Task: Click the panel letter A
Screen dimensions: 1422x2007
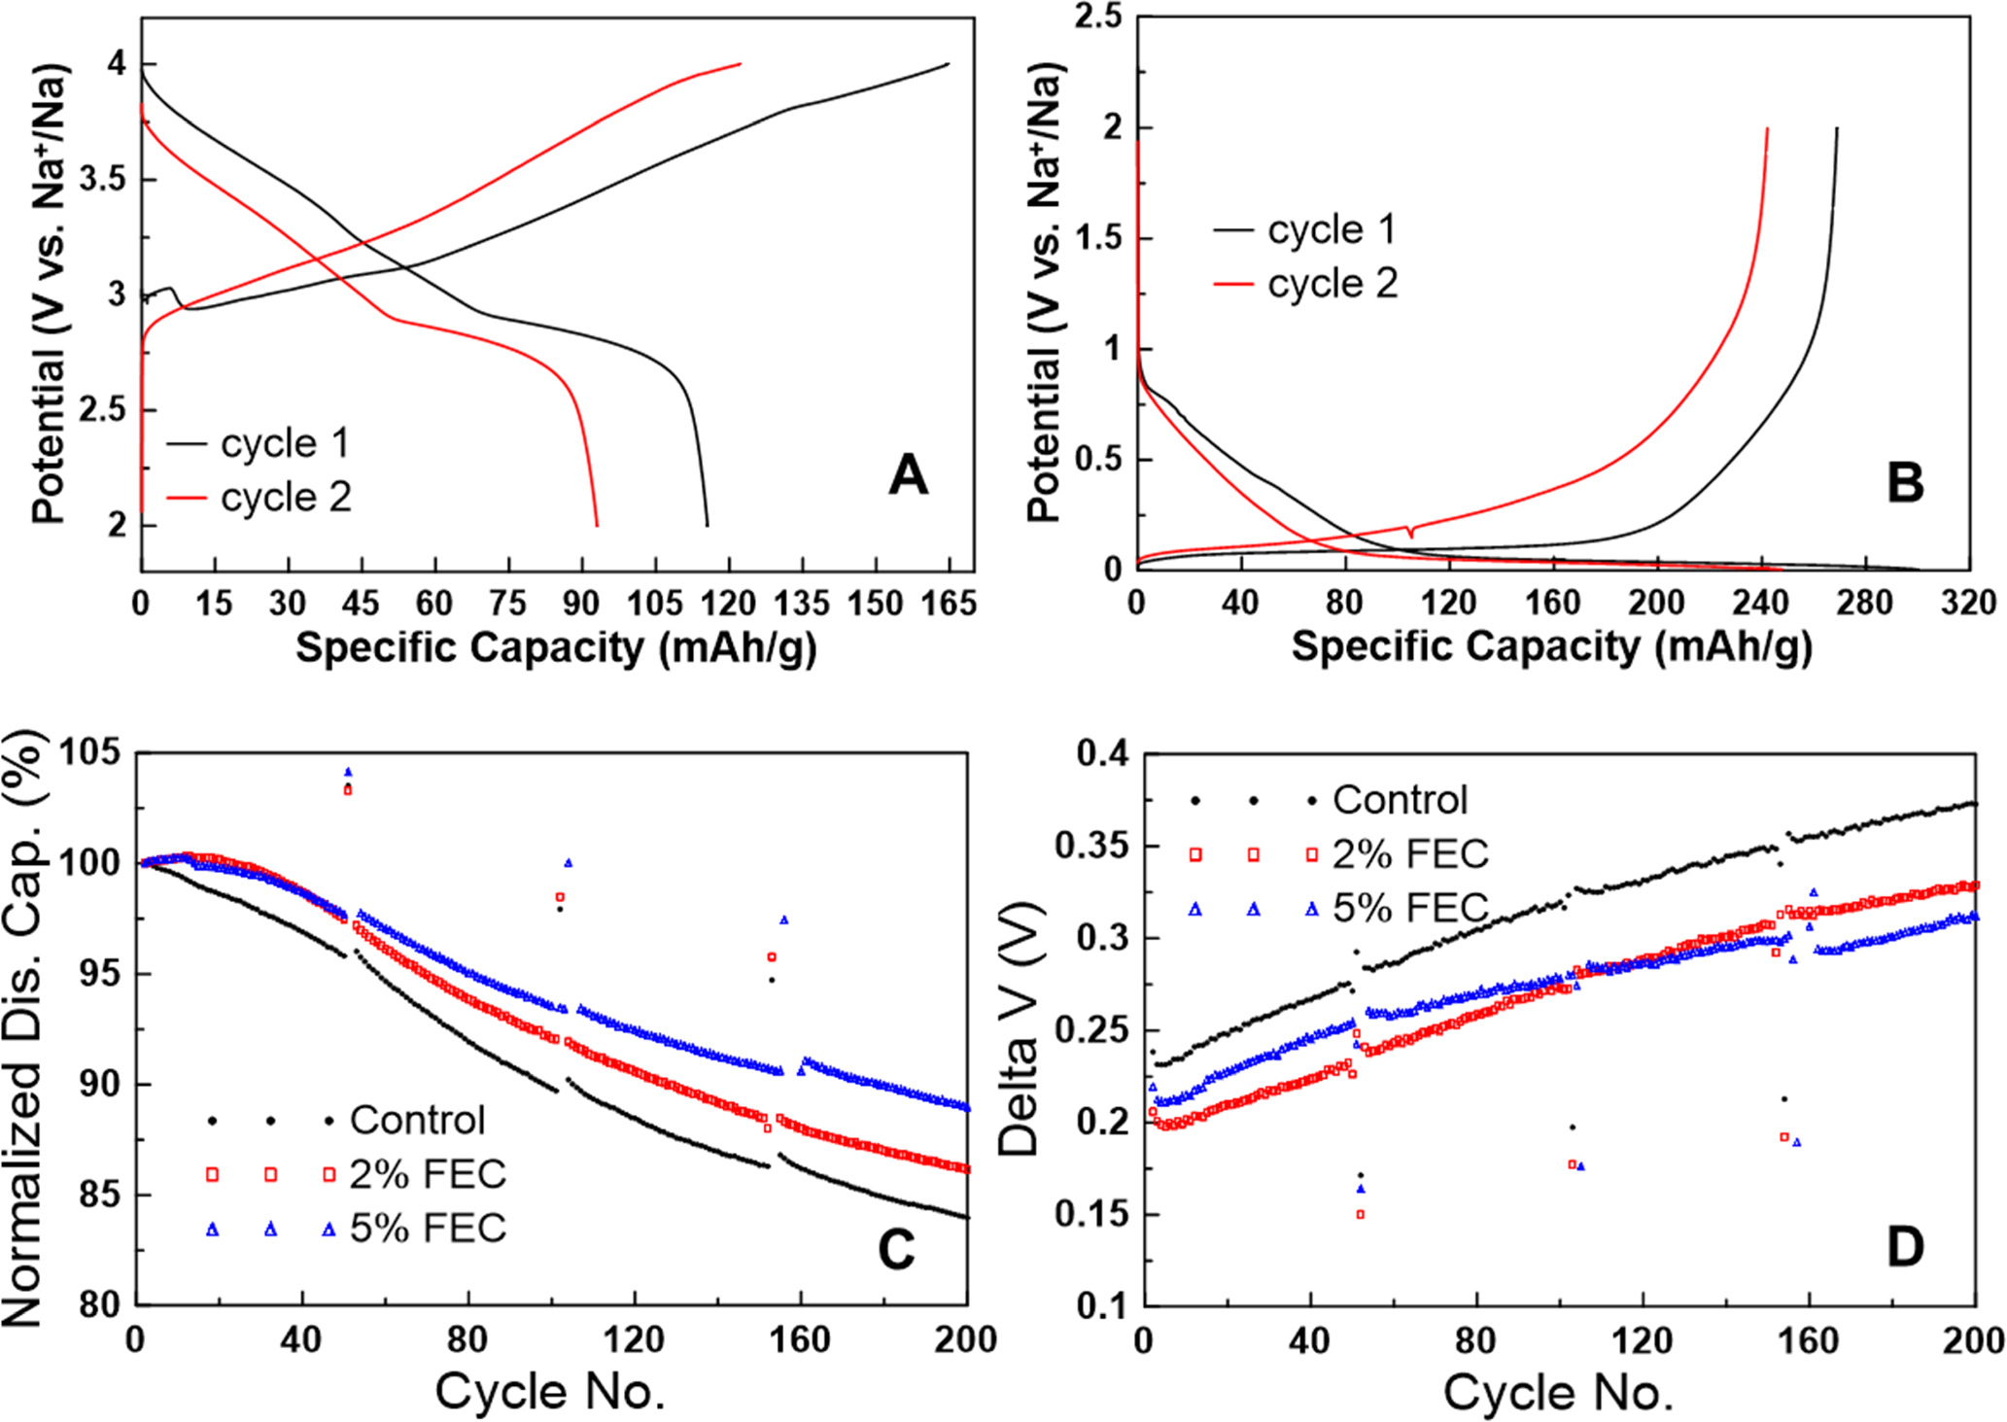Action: click(x=908, y=476)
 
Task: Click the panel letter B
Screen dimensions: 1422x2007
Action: click(x=1905, y=483)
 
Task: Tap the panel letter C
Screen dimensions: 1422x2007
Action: click(x=895, y=1250)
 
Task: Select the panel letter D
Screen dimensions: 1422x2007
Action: click(x=1905, y=1247)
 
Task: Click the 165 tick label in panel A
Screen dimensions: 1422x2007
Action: click(x=948, y=604)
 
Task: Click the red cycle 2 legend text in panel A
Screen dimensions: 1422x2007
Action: click(x=285, y=498)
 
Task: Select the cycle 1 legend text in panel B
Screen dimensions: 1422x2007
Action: click(x=1332, y=230)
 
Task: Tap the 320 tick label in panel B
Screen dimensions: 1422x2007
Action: click(x=1968, y=603)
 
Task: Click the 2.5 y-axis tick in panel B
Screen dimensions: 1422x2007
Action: click(x=1099, y=17)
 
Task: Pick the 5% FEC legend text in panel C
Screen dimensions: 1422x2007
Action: click(x=428, y=1229)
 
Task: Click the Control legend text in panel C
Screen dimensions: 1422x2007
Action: click(x=417, y=1121)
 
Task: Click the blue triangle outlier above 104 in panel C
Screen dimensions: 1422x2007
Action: click(x=348, y=773)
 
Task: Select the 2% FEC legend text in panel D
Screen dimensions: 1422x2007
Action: click(x=1410, y=854)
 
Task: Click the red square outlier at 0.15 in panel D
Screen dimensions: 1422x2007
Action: click(x=1361, y=1214)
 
